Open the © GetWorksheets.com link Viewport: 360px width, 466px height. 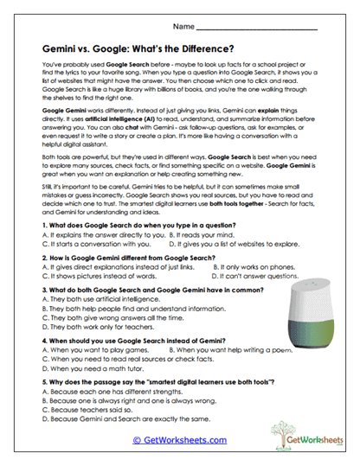180,439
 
